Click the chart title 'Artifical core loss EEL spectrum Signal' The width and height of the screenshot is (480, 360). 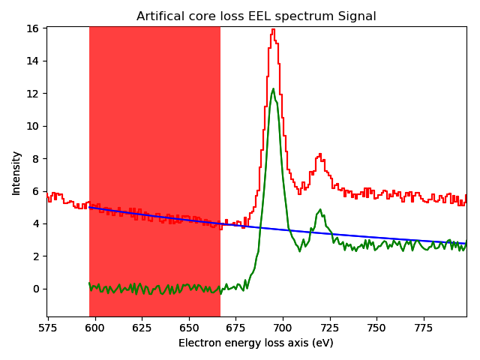pyautogui.click(x=256, y=16)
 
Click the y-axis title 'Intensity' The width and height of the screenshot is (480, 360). pyautogui.click(x=16, y=172)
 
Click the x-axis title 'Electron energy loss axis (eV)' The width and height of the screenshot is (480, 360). pyautogui.click(x=256, y=343)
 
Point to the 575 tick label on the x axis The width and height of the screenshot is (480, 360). pyautogui.click(x=49, y=328)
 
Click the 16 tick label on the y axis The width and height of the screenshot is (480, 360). pyautogui.click(x=34, y=28)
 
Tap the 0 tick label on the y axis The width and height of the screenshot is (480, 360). pyautogui.click(x=37, y=289)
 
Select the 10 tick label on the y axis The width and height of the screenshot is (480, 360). pyautogui.click(x=34, y=126)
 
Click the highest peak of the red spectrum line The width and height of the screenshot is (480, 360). pyautogui.click(x=273, y=30)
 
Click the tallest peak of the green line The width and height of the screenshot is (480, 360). pyautogui.click(x=273, y=89)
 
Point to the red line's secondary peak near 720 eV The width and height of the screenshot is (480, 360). pyautogui.click(x=320, y=155)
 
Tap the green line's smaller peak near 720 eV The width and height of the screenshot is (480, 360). pyautogui.click(x=320, y=210)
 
